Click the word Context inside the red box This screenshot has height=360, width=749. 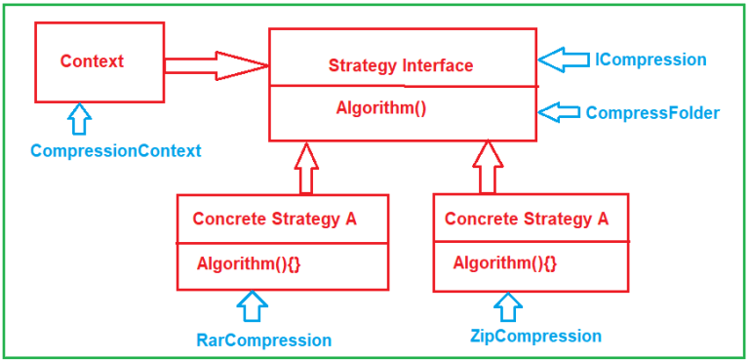[x=92, y=61]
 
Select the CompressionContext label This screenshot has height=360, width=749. [x=115, y=151]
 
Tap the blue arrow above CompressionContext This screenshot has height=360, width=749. [x=80, y=119]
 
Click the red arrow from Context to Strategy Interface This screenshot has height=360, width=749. [x=216, y=65]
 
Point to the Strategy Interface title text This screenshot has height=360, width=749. [x=400, y=66]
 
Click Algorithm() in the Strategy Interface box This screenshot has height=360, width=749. [x=381, y=108]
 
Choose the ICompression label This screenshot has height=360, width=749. [x=650, y=60]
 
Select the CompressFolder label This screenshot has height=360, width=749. [x=652, y=113]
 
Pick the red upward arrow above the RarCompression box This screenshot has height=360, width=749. [x=306, y=168]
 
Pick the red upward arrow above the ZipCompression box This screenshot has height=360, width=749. [x=487, y=167]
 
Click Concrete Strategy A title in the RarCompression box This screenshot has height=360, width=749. [x=274, y=219]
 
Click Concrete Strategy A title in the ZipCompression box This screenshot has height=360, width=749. [x=526, y=219]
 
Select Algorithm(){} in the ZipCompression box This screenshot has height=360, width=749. [x=505, y=262]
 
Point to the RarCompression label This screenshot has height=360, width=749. [x=263, y=340]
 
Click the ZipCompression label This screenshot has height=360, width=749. [x=534, y=337]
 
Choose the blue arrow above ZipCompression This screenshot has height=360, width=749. [x=507, y=306]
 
